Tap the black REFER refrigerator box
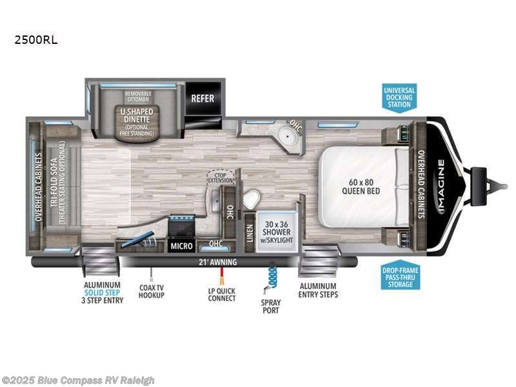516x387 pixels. (x=202, y=99)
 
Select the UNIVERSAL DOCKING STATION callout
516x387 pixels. (x=399, y=97)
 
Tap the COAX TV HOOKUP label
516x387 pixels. (x=151, y=290)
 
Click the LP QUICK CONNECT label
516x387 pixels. (x=221, y=294)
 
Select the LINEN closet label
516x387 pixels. (x=249, y=230)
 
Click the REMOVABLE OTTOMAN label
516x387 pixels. (x=137, y=96)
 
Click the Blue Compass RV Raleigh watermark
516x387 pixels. (x=78, y=380)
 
